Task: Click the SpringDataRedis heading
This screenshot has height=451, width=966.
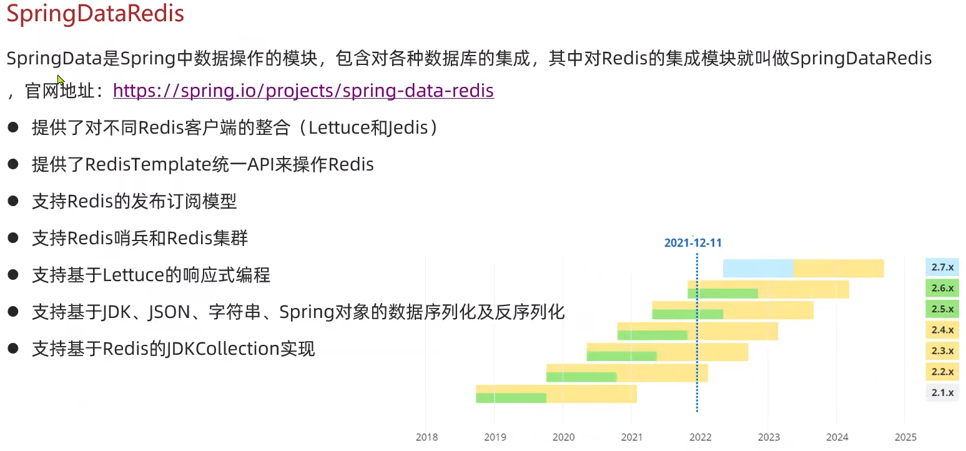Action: click(96, 14)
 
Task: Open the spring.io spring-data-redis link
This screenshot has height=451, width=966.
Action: click(303, 91)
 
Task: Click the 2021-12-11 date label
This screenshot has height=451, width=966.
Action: click(692, 243)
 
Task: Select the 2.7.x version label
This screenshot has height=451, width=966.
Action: click(942, 267)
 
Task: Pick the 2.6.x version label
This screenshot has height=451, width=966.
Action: click(942, 288)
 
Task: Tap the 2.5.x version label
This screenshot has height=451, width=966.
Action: click(942, 309)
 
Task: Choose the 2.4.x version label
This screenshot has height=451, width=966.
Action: click(942, 330)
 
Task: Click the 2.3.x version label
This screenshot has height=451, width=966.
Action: click(942, 350)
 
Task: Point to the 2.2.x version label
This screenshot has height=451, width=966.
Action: click(942, 372)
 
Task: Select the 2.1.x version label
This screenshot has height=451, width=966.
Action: click(942, 392)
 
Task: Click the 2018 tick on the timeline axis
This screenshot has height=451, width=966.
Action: click(426, 437)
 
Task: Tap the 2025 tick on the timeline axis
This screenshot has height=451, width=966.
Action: click(905, 437)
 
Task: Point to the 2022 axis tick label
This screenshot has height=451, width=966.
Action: click(700, 437)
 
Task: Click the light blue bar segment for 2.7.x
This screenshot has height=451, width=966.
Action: click(758, 268)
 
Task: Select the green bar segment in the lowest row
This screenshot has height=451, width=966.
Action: click(511, 398)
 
